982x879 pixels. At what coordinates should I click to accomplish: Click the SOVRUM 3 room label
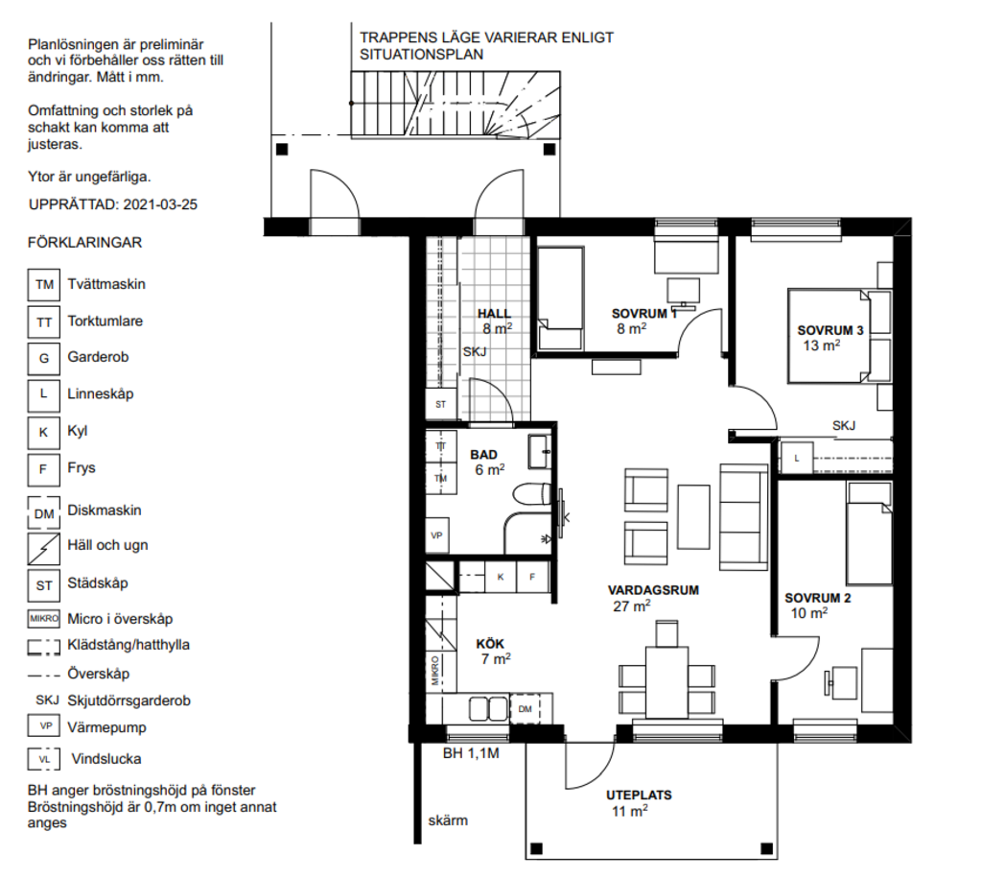(830, 330)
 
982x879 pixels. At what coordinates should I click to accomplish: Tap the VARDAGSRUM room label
(653, 590)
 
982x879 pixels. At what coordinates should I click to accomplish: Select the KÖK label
(490, 644)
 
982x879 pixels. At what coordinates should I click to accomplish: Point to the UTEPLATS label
(639, 796)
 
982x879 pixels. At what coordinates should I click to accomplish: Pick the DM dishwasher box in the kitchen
(525, 708)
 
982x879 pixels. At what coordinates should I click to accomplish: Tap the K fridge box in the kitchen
(501, 577)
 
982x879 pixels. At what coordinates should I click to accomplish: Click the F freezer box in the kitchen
(532, 577)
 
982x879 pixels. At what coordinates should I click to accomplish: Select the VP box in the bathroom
(437, 535)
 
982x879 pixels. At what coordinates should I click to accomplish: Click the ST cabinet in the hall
(441, 405)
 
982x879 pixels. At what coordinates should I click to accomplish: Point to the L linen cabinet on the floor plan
(797, 458)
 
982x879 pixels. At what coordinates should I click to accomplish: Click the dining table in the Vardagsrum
(667, 683)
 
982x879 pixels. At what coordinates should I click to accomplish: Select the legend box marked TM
(44, 285)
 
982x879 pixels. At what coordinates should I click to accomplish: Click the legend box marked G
(44, 358)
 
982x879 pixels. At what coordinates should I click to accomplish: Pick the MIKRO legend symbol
(44, 619)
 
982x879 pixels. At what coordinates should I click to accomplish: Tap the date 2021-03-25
(160, 204)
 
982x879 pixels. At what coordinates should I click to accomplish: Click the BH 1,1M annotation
(471, 753)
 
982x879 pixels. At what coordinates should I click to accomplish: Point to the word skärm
(448, 820)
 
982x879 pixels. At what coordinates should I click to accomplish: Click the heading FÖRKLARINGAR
(84, 243)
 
